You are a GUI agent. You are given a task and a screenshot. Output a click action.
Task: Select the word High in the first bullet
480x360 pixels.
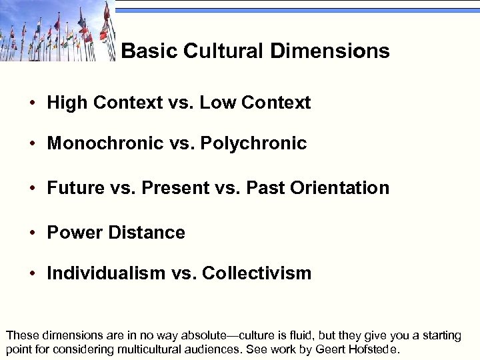(x=67, y=103)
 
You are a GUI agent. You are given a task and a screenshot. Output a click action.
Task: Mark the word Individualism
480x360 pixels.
(x=106, y=273)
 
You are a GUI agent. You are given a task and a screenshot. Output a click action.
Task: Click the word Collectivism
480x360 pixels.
(x=257, y=273)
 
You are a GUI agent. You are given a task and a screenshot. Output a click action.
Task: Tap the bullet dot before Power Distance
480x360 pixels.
(x=32, y=233)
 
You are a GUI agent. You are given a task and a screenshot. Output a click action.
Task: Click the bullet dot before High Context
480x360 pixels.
(x=32, y=103)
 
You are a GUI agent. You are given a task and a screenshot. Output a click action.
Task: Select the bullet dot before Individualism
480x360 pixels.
(x=32, y=274)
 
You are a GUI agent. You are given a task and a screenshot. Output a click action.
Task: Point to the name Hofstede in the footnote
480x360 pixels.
(x=374, y=349)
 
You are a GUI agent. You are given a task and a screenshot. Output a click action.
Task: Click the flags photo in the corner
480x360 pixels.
(x=57, y=31)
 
